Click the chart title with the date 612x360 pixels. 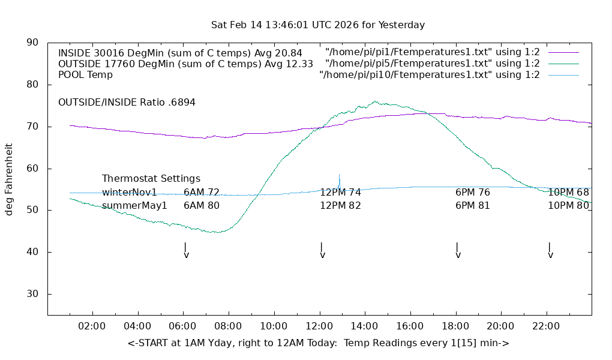point(318,25)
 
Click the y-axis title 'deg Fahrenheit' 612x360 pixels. point(9,179)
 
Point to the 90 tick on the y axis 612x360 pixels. point(33,43)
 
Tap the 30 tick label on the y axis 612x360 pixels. point(33,294)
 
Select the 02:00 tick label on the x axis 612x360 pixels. point(92,326)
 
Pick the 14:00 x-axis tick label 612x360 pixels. point(364,326)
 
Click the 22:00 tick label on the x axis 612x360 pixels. point(546,326)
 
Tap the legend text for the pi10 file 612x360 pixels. point(430,75)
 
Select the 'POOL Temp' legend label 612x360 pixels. point(85,75)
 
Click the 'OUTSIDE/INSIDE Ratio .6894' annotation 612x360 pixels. point(127,103)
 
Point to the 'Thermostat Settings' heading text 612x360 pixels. point(151,179)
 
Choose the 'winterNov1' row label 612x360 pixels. point(129,193)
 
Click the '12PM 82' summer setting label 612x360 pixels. point(340,206)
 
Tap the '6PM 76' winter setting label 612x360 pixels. point(473,193)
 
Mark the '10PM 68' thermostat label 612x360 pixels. point(568,193)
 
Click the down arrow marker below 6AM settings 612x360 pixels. point(185,251)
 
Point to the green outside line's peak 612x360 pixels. point(375,101)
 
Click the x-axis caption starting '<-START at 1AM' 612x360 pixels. point(318,343)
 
